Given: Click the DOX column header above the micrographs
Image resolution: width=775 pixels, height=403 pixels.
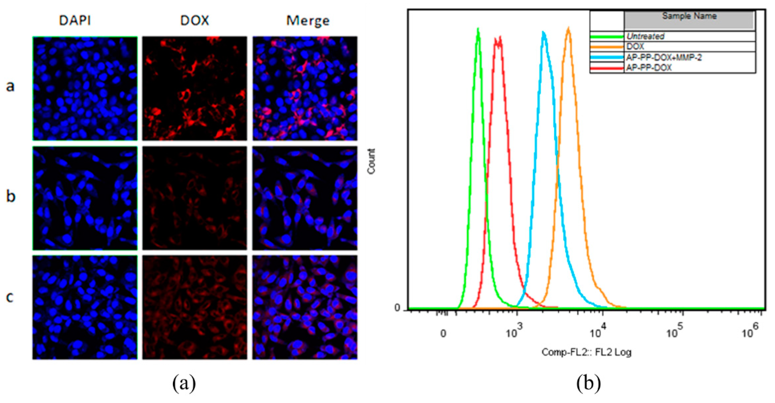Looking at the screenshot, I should (194, 20).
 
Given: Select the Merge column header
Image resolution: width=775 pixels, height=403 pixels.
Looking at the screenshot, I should (307, 21).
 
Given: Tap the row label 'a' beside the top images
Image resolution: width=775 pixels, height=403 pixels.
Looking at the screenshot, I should (10, 86).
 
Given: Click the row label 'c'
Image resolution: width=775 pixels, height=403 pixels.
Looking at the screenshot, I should (10, 297).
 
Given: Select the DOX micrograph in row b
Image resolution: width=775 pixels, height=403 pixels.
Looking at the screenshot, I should (194, 198).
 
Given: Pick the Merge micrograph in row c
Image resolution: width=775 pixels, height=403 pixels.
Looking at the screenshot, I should (305, 307).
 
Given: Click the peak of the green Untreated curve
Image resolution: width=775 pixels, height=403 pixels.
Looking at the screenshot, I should (478, 29).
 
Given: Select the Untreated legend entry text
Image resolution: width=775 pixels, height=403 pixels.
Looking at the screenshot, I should (645, 36).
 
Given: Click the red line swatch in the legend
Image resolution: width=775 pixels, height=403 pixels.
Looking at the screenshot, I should (606, 68).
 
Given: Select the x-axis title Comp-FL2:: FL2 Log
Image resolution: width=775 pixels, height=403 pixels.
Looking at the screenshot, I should (586, 352).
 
